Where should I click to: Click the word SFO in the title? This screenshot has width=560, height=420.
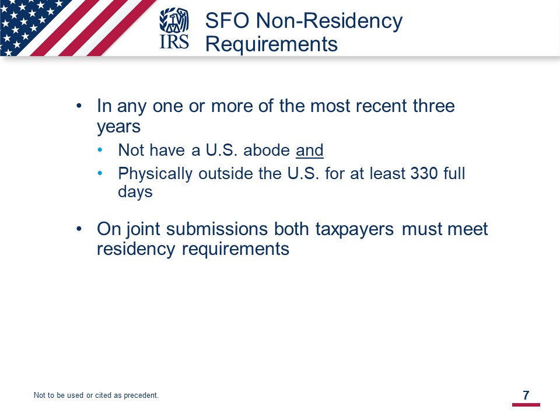point(227,21)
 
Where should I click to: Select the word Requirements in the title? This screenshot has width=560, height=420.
point(271,44)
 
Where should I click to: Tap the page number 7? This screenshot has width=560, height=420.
point(526,395)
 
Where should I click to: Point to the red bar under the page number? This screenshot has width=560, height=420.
point(526,405)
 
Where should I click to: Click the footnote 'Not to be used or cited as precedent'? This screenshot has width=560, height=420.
point(96,395)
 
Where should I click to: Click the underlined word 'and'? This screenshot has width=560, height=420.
point(310,150)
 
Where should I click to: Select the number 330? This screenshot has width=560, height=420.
point(424,174)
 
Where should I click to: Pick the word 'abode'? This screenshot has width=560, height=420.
point(267,150)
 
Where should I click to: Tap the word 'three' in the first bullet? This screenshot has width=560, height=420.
point(433,106)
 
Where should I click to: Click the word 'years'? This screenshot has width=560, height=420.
point(118,127)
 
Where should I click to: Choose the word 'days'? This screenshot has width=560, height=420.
point(135,192)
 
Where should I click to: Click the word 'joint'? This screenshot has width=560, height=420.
point(143,229)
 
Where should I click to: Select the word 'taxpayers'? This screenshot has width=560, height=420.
point(355,230)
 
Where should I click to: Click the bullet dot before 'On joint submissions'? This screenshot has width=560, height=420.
point(79,229)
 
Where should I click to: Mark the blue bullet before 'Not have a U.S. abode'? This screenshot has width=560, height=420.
point(100,150)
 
